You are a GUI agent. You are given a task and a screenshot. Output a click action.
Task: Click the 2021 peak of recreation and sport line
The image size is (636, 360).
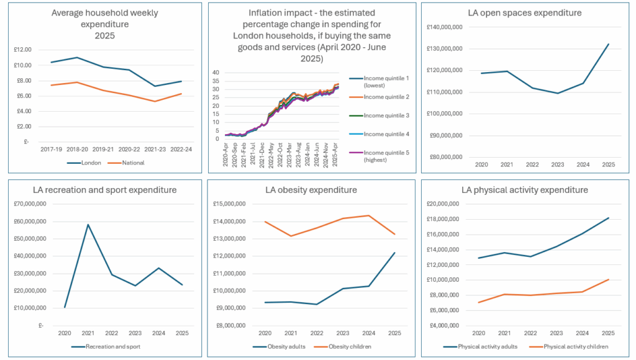coord(88,225)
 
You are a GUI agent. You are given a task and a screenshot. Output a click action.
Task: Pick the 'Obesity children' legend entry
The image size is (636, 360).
coord(338,346)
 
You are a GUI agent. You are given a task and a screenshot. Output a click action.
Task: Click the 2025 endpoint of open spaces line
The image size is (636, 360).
coord(608,44)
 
